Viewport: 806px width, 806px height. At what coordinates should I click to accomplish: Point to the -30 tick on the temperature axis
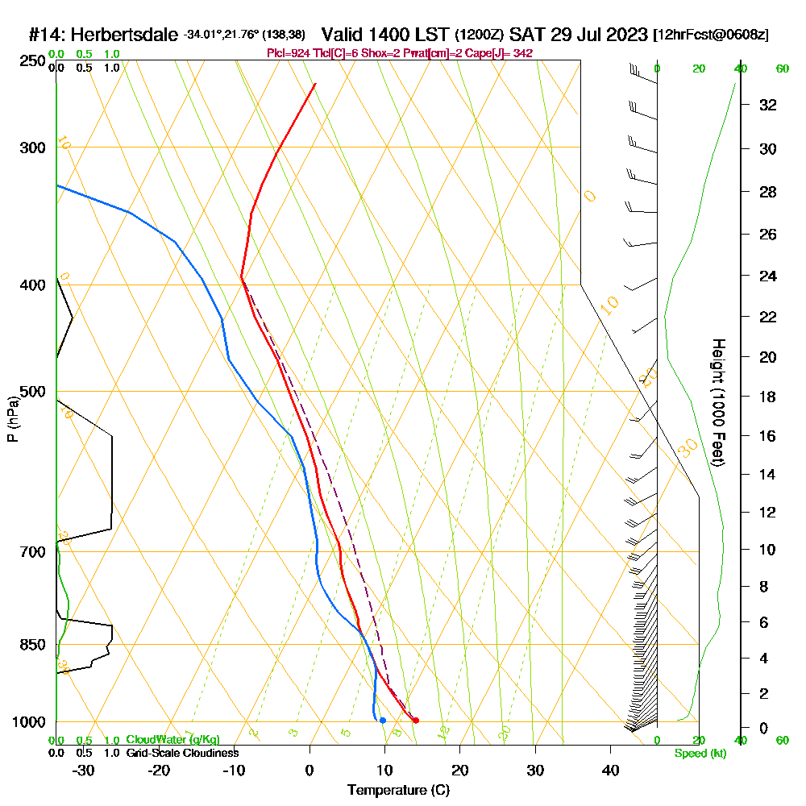click(84, 770)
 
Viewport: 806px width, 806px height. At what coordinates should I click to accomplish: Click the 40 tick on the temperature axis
click(611, 770)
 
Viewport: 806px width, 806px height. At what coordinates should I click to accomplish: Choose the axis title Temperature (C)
click(398, 790)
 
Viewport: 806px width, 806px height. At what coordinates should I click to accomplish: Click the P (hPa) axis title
click(12, 419)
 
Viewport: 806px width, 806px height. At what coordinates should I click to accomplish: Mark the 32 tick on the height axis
click(768, 105)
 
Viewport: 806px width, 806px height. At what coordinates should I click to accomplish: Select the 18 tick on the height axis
click(768, 397)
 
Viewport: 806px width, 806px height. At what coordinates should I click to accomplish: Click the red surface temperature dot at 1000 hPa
click(415, 720)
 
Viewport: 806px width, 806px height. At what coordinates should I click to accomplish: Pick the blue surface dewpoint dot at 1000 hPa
click(382, 720)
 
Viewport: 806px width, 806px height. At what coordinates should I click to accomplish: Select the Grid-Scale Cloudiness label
click(181, 753)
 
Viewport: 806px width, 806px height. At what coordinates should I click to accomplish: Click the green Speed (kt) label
click(700, 753)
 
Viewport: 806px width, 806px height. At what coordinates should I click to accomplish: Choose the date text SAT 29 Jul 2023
click(579, 35)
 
